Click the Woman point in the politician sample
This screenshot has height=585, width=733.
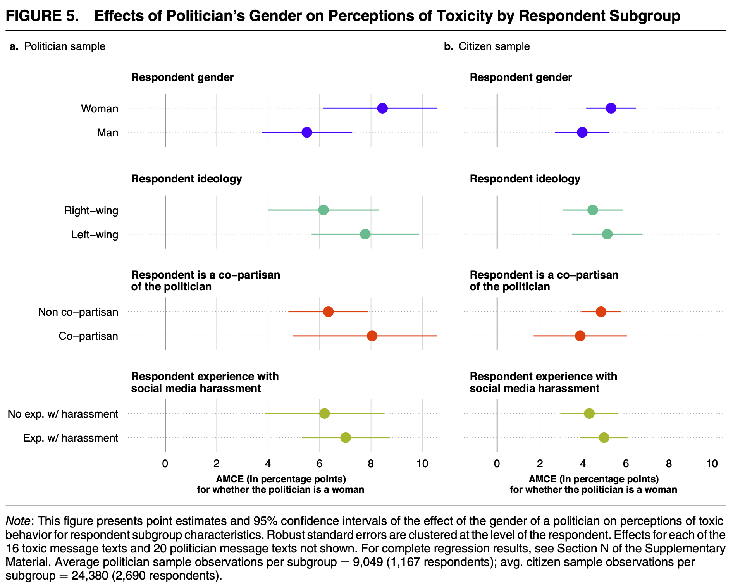pyautogui.click(x=382, y=108)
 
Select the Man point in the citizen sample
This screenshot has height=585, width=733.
pyautogui.click(x=582, y=132)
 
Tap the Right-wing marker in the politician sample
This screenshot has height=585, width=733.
pyautogui.click(x=323, y=210)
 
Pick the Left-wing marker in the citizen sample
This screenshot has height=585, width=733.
pyautogui.click(x=607, y=234)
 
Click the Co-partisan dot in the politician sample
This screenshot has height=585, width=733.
pyautogui.click(x=372, y=336)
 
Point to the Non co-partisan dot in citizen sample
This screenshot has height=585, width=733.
pyautogui.click(x=601, y=312)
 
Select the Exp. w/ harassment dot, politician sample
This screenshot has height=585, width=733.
pyautogui.click(x=346, y=438)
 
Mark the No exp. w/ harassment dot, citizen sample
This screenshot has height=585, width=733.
pyautogui.click(x=589, y=414)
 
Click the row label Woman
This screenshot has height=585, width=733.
pyautogui.click(x=100, y=109)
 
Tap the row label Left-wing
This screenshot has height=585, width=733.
pyautogui.click(x=95, y=235)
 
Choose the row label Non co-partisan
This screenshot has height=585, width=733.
pyautogui.click(x=78, y=312)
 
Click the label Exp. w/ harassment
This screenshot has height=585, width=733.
pyautogui.click(x=71, y=438)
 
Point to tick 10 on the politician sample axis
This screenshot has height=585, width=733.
pyautogui.click(x=422, y=464)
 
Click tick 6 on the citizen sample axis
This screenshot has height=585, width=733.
pyautogui.click(x=626, y=464)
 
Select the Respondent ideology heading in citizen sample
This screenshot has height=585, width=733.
pyautogui.click(x=525, y=179)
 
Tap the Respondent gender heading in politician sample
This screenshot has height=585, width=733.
pyautogui.click(x=182, y=77)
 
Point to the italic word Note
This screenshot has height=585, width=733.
pyautogui.click(x=17, y=521)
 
